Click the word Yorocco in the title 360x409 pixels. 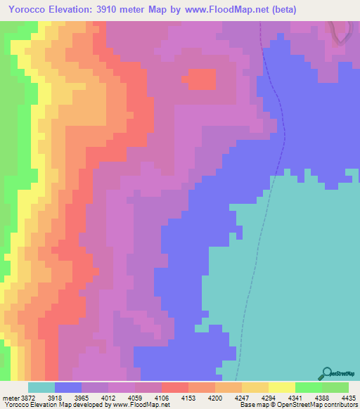pos(29,10)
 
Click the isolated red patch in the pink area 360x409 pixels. pos(202,79)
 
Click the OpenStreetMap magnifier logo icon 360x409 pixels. pos(326,373)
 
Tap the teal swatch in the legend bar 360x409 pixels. pos(41,387)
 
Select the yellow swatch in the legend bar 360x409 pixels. pos(281,387)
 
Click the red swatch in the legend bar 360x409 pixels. pos(174,387)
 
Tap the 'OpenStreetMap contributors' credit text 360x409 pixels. pos(320,405)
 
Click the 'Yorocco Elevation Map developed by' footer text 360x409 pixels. pos(44,405)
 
